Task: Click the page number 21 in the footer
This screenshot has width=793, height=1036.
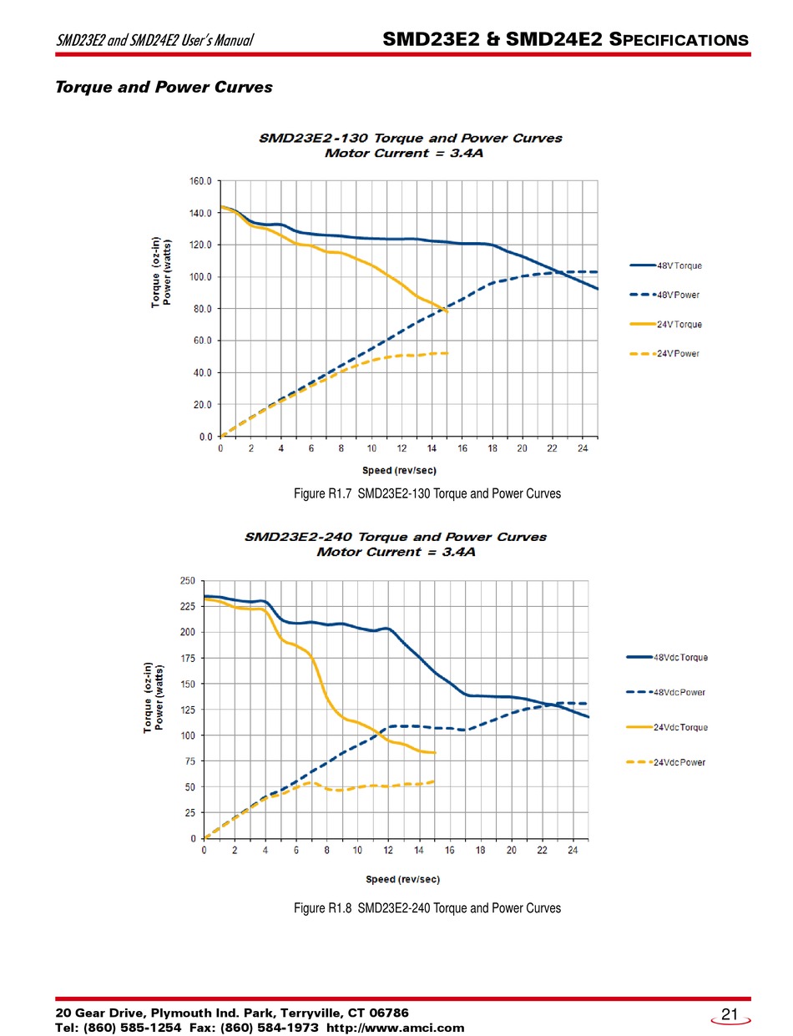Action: click(730, 1014)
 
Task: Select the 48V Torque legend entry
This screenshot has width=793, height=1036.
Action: click(678, 266)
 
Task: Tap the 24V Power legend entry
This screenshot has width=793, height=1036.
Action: click(677, 354)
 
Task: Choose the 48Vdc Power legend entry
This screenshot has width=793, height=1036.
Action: click(679, 692)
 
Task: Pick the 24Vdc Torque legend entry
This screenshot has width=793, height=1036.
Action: click(679, 727)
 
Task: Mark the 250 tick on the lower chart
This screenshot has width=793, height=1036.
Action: click(188, 581)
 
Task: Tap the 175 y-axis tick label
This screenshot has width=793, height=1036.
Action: click(188, 659)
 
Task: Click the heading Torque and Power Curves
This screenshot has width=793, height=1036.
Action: click(164, 87)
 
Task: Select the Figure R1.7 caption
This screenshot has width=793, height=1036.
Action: click(427, 493)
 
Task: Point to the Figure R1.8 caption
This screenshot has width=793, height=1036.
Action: click(427, 907)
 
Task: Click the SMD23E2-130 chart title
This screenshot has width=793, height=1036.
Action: click(410, 139)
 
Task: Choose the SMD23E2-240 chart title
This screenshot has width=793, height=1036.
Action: click(396, 537)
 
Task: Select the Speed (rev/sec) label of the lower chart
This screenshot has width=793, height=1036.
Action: click(403, 879)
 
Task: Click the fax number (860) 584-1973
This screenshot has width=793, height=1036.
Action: click(271, 1028)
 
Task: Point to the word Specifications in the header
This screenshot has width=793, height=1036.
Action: click(679, 39)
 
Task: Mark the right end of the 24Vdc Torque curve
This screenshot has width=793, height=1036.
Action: click(435, 753)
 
